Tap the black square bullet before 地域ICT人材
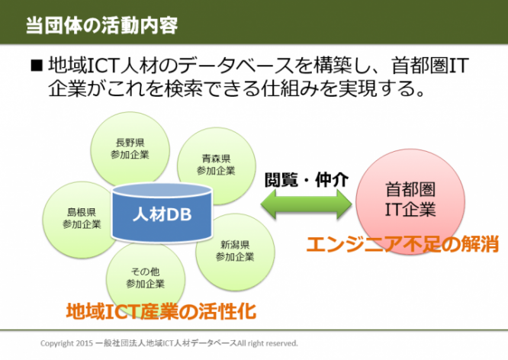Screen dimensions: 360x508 click(x=35, y=66)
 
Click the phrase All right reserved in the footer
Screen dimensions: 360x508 click(x=268, y=343)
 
